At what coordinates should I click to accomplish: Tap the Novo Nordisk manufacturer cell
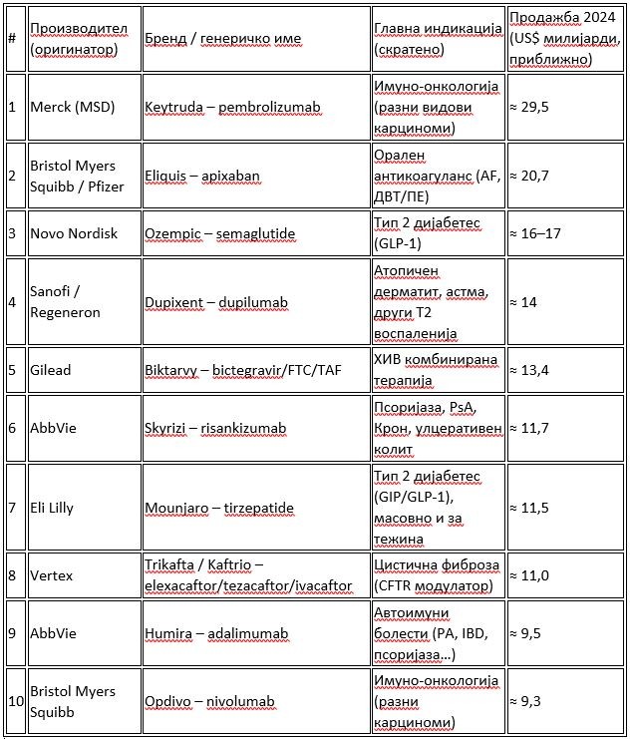click(x=74, y=233)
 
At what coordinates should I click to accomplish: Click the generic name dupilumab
click(x=247, y=302)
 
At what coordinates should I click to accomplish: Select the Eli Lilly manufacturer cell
click(x=59, y=508)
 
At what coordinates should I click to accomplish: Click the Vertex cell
click(x=52, y=575)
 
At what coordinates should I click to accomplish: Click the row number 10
click(x=15, y=701)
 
